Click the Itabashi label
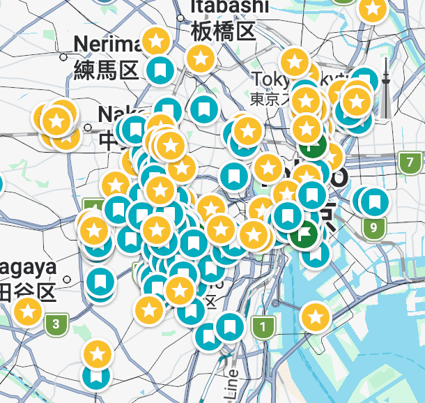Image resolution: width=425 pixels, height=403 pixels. tap(229, 6)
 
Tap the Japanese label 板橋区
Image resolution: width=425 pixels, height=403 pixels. tap(224, 31)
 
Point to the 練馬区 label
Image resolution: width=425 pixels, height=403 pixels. tap(107, 70)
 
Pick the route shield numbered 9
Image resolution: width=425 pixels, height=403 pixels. tap(374, 227)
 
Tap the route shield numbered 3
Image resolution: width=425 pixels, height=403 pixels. tap(56, 324)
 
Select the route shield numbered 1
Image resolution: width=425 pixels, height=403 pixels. tap(263, 326)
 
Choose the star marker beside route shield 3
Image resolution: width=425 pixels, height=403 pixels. tap(28, 312)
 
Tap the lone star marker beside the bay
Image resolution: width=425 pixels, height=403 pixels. tap(315, 317)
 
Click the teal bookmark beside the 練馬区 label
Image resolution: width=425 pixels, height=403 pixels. tap(160, 70)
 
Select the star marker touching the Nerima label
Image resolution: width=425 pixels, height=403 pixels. tap(156, 40)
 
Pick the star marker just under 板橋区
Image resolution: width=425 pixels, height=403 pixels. tap(201, 59)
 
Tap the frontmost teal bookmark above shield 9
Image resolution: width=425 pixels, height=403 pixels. tap(375, 202)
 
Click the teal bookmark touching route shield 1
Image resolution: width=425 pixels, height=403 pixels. tap(230, 326)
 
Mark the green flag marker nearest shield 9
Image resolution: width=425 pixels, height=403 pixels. tap(305, 234)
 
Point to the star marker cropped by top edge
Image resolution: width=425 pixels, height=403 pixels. tap(373, 9)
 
